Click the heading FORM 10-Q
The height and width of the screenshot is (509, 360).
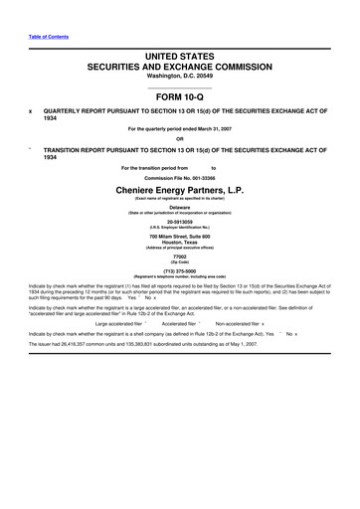179,97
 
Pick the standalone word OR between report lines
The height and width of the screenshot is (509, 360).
180,138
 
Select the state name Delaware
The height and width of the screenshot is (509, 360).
180,207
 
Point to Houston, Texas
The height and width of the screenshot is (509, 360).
180,249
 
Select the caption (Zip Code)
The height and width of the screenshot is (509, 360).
180,273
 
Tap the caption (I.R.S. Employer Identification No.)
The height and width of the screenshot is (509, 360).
180,231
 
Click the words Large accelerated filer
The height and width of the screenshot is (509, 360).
116,350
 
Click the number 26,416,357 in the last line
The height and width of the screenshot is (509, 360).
80,372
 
